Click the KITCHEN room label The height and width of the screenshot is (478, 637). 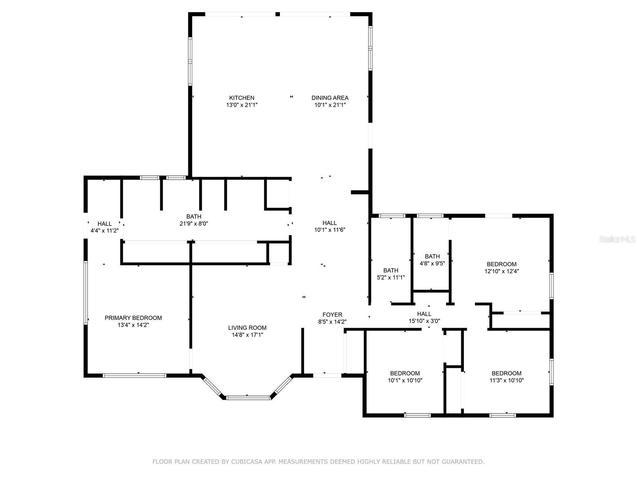(241, 98)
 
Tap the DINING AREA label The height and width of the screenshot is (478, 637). (330, 98)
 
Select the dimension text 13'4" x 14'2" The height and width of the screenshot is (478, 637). (133, 325)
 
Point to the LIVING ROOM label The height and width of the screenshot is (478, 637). (247, 328)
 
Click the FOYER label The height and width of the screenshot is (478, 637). (332, 315)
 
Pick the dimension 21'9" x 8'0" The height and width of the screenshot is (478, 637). (193, 223)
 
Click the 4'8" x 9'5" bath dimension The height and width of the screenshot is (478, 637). (432, 263)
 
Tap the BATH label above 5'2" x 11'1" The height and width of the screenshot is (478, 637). (391, 270)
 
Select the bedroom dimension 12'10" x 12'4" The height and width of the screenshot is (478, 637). (502, 271)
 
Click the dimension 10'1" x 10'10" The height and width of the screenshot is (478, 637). (405, 380)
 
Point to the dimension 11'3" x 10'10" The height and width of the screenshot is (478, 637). (506, 380)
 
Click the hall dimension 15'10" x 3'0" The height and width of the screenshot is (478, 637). (424, 321)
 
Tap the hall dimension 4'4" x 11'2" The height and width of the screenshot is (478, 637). (104, 231)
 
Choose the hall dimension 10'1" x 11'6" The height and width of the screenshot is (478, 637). (329, 230)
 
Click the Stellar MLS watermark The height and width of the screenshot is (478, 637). (617, 239)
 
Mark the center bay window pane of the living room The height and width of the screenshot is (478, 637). (248, 398)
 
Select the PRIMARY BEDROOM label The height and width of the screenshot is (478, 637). (133, 318)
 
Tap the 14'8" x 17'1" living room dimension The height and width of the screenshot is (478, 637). (247, 335)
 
